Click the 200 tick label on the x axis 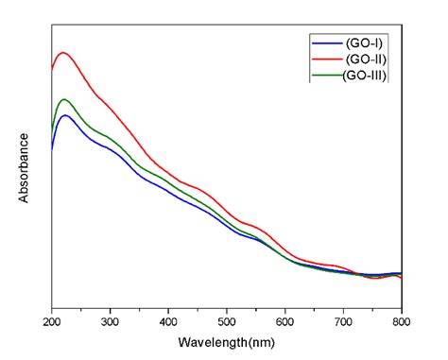pos(52,321)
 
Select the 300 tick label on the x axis pos(111,321)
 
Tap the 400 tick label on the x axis pos(169,321)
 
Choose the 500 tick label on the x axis pos(227,321)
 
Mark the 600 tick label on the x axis pos(285,321)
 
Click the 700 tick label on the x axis pos(344,321)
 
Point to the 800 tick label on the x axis pos(402,321)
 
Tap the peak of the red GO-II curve pos(63,53)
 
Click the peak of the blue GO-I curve pos(64,115)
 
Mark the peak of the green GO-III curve pos(64,99)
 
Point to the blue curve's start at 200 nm pos(52,148)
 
